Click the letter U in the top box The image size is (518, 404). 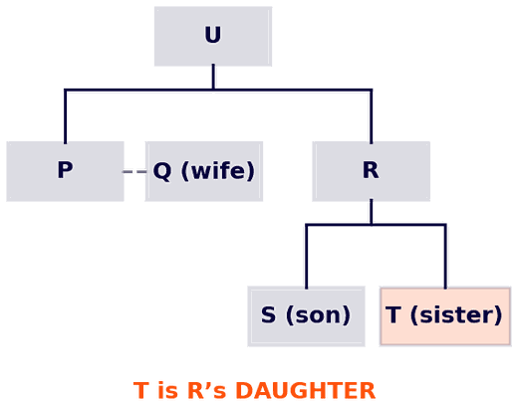pos(213,35)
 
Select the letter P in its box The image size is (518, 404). pos(65,170)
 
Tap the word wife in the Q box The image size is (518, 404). pos(218,170)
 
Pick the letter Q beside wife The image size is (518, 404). pos(162,171)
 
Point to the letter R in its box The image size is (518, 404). pos(371,170)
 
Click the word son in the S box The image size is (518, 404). pos(318,314)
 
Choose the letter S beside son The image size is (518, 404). pos(268,314)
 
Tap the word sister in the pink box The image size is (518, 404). pos(456,314)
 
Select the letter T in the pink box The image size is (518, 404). pos(393,314)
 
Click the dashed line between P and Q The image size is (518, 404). pos(134,172)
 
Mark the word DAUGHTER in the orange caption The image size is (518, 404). pos(306,390)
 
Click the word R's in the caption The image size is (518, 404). pos(207,390)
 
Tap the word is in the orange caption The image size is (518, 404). pos(167,390)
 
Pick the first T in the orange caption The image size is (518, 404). pos(141,390)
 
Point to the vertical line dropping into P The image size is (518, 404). pos(65,116)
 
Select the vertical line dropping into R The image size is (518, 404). pos(371,116)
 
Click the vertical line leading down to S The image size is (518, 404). pos(306,257)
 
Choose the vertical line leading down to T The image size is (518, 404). pos(445,257)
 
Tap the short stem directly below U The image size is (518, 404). pos(213,77)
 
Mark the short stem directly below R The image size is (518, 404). pos(371,212)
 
